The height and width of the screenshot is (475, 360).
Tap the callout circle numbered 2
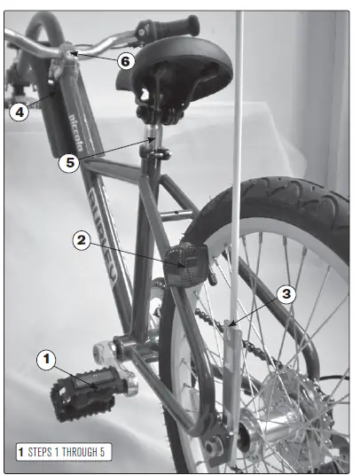(82, 240)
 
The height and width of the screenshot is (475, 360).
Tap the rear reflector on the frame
(187, 258)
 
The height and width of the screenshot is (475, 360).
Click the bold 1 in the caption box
(20, 452)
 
